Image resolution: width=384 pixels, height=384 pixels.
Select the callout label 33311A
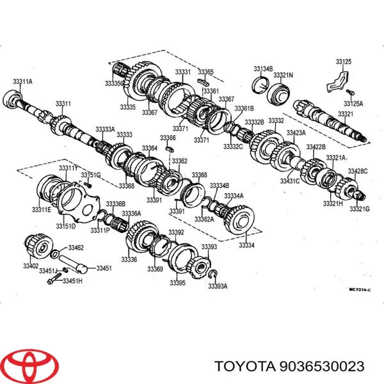[22, 81]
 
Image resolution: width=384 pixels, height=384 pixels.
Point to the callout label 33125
[343, 61]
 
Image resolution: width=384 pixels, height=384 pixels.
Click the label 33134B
[262, 68]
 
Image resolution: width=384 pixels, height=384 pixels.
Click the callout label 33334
[246, 245]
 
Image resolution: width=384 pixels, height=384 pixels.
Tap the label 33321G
[359, 209]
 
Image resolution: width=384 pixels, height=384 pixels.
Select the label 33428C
[358, 171]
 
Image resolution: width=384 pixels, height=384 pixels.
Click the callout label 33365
[205, 72]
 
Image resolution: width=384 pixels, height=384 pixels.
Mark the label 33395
[177, 283]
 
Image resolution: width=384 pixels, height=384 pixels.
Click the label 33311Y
[68, 168]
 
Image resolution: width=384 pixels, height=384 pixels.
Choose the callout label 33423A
[296, 132]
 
